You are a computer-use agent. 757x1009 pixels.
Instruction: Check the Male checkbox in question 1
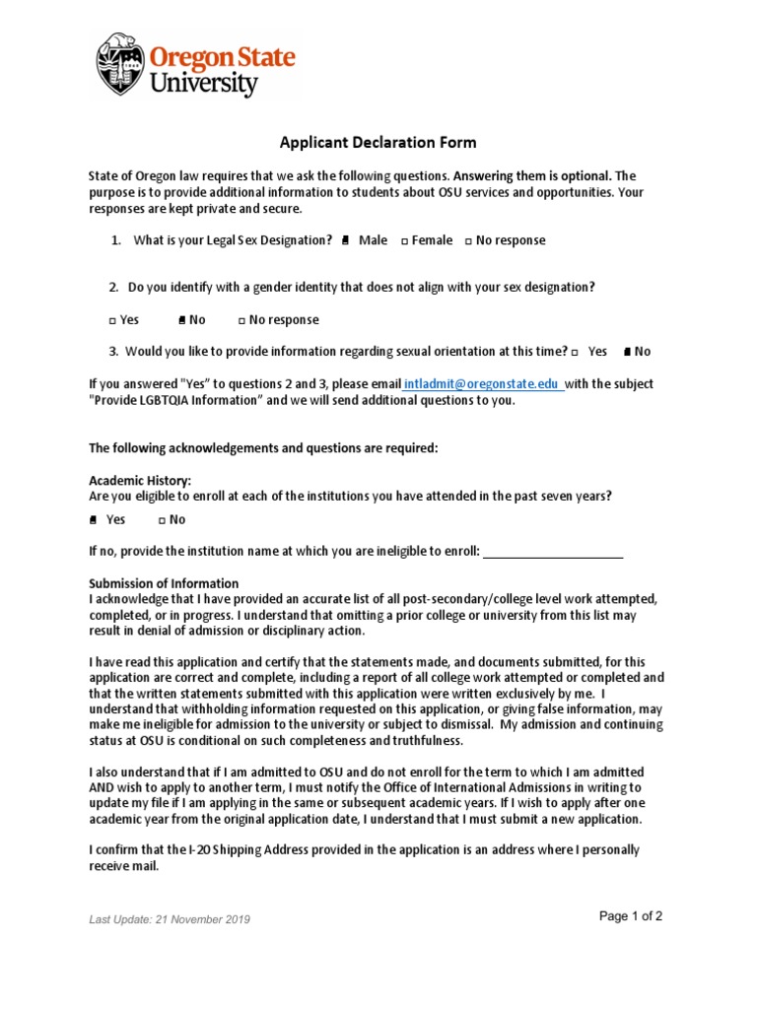(345, 240)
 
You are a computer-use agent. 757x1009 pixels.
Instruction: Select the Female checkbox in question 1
(404, 240)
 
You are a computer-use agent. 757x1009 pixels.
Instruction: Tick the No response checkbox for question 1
(468, 240)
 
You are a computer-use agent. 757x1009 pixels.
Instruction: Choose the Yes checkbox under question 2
(111, 320)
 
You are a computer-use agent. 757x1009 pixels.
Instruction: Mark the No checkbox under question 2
(182, 320)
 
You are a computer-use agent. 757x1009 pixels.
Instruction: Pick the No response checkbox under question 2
(241, 320)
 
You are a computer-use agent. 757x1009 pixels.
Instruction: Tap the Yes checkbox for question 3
(575, 352)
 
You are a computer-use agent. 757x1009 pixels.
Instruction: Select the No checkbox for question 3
(628, 352)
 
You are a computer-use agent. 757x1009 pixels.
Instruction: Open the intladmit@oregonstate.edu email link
(483, 384)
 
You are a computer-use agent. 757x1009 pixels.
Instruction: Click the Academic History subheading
(133, 480)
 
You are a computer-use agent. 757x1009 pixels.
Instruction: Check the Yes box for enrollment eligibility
(93, 519)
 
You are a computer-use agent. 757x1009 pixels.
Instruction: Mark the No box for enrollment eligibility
(162, 519)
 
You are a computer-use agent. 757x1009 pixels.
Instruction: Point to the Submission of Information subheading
(164, 583)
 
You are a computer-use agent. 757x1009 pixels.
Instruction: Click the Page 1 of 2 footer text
(631, 916)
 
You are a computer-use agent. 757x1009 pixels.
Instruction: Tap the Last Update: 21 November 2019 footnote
(170, 919)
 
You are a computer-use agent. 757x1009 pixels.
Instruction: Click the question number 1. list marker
(116, 240)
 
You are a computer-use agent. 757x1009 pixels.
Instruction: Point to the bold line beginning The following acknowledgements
(263, 448)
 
